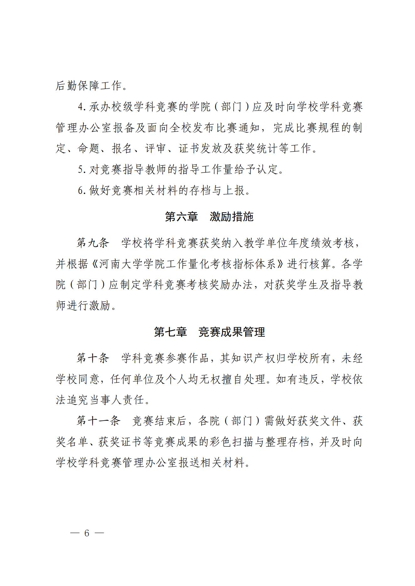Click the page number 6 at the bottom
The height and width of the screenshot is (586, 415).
coord(87,533)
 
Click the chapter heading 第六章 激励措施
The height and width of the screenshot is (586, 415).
coord(209,216)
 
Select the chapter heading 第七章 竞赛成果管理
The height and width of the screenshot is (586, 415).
coord(209,332)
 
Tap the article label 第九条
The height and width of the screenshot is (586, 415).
coord(93,243)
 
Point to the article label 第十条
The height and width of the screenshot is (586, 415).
coord(93,358)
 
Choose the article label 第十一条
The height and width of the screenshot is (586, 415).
coord(98,421)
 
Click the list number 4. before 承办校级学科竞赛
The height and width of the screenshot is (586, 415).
coord(82,107)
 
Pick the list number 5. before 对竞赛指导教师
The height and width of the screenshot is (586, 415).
coord(82,169)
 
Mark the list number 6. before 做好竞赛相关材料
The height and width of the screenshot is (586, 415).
coord(82,190)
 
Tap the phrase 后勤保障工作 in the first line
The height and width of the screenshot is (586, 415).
coord(89,86)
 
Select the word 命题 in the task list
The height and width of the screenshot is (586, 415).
coord(89,149)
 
